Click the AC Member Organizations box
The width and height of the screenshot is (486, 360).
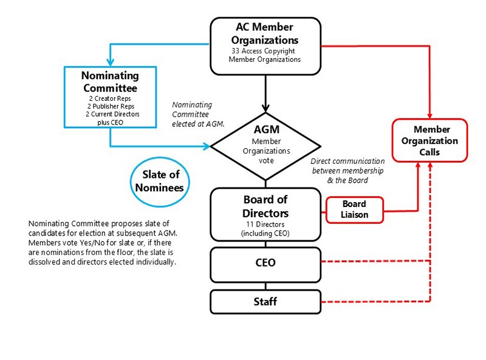coord(265,46)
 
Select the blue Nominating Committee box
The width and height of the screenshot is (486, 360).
coord(110,97)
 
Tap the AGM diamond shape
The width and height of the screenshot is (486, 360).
coord(265,146)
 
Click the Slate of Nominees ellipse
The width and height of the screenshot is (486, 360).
coord(160,182)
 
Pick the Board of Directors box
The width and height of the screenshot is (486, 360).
coord(265,214)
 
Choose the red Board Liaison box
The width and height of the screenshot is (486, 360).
coord(355,209)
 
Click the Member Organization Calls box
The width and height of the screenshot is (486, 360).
coord(430,140)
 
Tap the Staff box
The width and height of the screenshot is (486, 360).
coord(265,302)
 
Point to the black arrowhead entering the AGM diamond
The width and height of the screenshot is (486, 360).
coord(265,108)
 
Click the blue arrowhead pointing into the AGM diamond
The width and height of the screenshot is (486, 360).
coord(207,146)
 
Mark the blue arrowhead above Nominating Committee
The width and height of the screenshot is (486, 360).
coord(110,63)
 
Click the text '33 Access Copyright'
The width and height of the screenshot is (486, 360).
coord(263,51)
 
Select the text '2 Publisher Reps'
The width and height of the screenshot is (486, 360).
coord(111,106)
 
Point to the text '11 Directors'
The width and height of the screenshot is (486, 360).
coord(265,224)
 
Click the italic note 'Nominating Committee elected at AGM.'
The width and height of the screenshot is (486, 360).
coord(198,114)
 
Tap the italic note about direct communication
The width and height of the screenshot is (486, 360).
coord(347,171)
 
